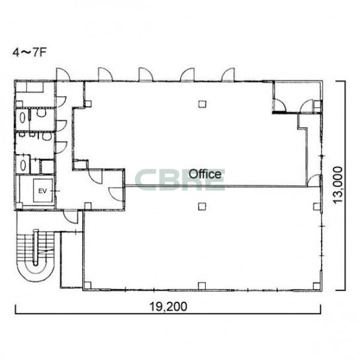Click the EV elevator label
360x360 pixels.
42,191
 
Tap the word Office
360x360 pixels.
205,174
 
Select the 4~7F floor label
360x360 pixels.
30,52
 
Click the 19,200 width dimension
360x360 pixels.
168,306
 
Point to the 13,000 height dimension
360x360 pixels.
338,185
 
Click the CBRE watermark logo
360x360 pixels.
180,180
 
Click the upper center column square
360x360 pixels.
202,105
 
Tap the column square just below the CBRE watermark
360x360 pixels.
202,206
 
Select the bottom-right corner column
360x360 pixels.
316,286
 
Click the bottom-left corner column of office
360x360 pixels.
88,285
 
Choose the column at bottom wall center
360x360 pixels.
202,286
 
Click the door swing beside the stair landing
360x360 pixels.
71,217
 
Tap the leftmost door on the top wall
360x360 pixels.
63,74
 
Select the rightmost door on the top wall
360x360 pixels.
228,75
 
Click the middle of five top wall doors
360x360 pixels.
146,74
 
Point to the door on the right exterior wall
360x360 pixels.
314,181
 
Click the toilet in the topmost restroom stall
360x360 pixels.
41,113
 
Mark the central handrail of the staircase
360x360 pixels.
36,247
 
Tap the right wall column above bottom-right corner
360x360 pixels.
316,206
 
